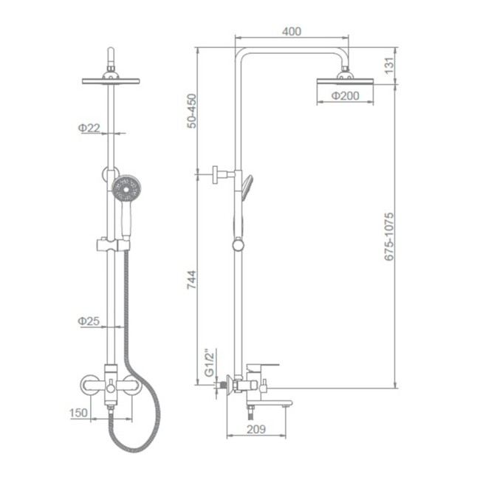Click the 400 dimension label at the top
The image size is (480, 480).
[x=292, y=31]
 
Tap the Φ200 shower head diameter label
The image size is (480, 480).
[x=346, y=96]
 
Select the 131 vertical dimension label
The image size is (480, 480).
[x=388, y=65]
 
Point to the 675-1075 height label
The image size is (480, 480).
[x=389, y=236]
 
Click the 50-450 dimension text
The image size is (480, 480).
[x=192, y=111]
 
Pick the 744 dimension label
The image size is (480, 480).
[x=192, y=279]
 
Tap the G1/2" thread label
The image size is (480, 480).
[x=210, y=363]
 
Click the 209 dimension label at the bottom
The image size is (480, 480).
[x=256, y=430]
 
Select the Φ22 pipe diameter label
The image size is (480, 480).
[x=89, y=128]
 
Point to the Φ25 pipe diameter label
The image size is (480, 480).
[x=89, y=320]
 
